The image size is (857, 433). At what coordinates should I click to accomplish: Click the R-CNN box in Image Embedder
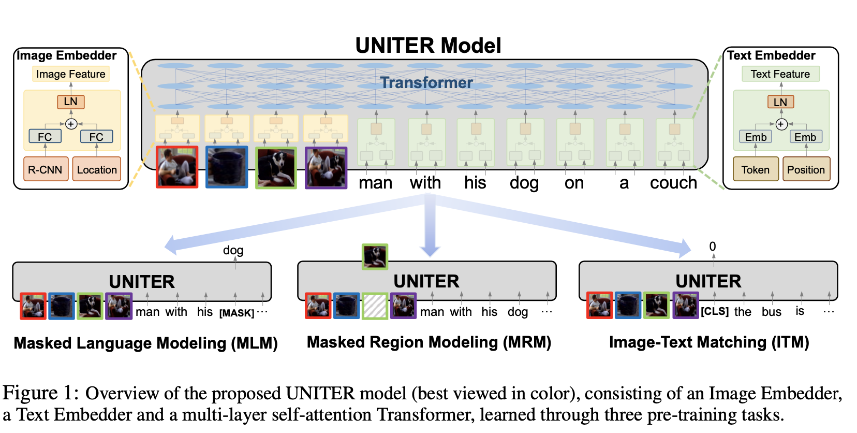(46, 169)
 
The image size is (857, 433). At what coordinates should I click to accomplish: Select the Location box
(97, 169)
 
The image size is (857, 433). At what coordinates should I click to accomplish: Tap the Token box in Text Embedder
(756, 169)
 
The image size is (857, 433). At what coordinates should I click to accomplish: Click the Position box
(806, 169)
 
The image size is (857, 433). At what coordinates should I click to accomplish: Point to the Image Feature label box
(71, 74)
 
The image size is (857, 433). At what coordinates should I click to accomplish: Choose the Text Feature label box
(780, 74)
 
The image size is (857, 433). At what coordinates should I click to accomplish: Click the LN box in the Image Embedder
(71, 102)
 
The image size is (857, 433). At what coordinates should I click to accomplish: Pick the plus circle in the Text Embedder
(781, 124)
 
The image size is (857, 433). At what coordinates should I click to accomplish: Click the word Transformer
(426, 83)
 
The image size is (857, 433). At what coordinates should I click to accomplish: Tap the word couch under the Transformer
(673, 183)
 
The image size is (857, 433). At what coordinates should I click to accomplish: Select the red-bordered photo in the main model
(177, 167)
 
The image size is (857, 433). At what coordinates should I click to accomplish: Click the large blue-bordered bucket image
(227, 167)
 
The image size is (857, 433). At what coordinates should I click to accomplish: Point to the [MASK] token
(237, 313)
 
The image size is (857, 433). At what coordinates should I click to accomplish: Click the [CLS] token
(715, 311)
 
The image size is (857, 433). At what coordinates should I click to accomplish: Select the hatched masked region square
(375, 306)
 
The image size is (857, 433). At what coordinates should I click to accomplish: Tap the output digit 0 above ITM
(713, 246)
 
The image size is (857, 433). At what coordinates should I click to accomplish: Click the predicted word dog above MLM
(233, 250)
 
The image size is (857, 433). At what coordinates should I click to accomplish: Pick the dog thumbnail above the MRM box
(375, 257)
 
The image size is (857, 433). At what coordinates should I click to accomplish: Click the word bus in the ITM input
(771, 312)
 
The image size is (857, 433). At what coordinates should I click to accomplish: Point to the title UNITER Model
(428, 46)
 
